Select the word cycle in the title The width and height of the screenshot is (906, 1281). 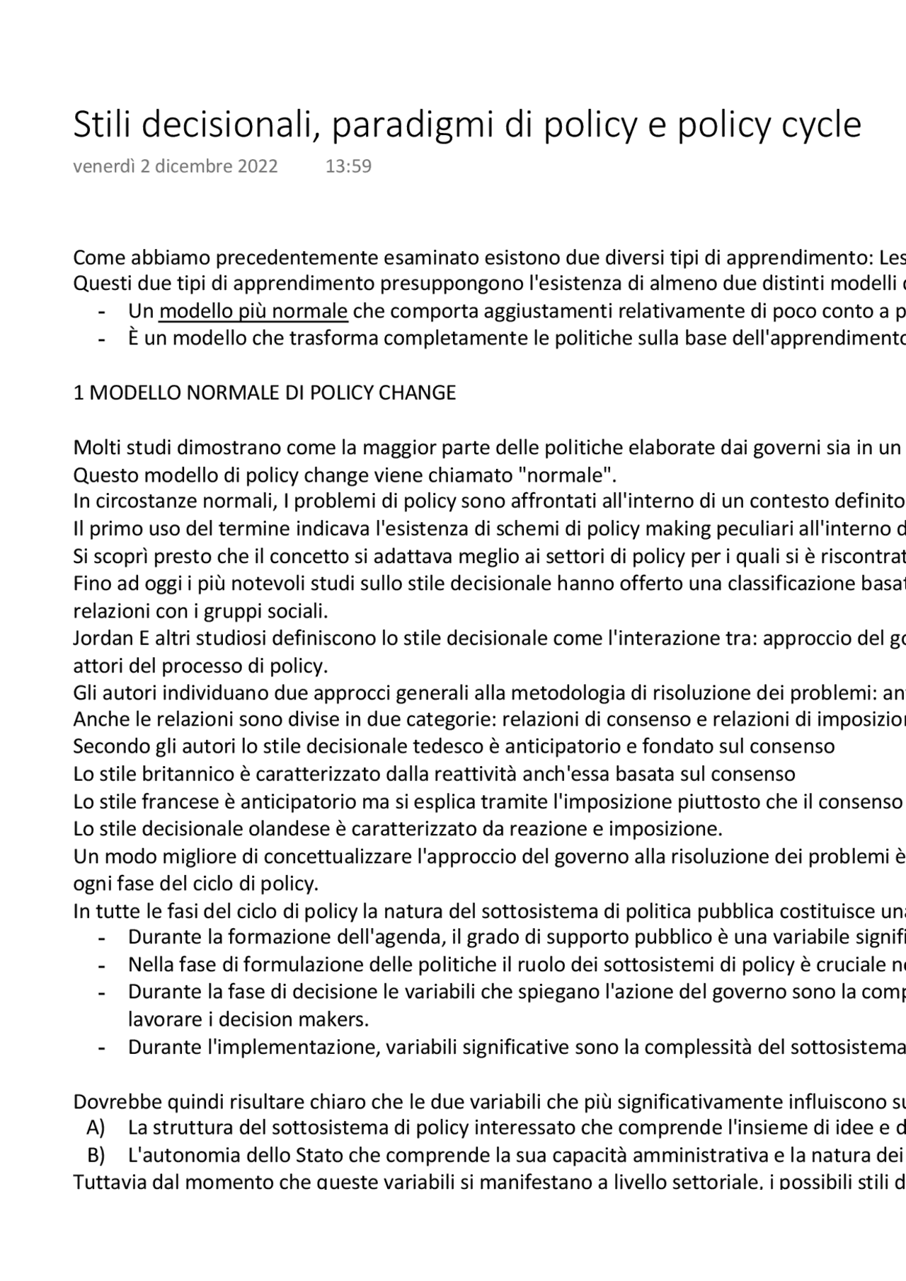pyautogui.click(x=821, y=126)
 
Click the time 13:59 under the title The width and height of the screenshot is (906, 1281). pyautogui.click(x=348, y=166)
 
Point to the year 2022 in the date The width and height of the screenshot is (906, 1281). pyautogui.click(x=258, y=166)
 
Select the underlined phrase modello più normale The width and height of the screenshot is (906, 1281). pyautogui.click(x=253, y=311)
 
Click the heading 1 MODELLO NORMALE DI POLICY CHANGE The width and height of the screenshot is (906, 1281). pyautogui.click(x=265, y=393)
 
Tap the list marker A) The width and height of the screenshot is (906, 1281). pyautogui.click(x=96, y=1127)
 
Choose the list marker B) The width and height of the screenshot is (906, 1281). pyautogui.click(x=96, y=1155)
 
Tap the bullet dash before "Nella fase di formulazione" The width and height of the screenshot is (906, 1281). pyautogui.click(x=102, y=965)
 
